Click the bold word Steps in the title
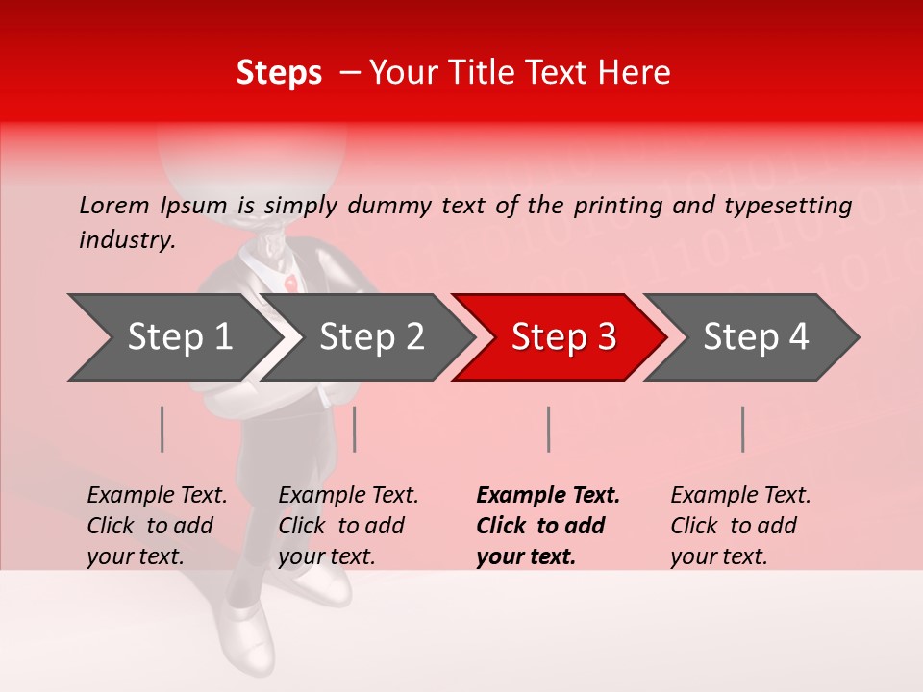[x=279, y=73]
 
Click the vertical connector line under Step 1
[x=162, y=429]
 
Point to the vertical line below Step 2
[x=355, y=429]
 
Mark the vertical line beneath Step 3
[x=548, y=429]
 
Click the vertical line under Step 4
[x=742, y=429]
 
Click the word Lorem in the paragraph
[x=113, y=205]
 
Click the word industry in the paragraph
[x=126, y=239]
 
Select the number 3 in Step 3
[x=605, y=337]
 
